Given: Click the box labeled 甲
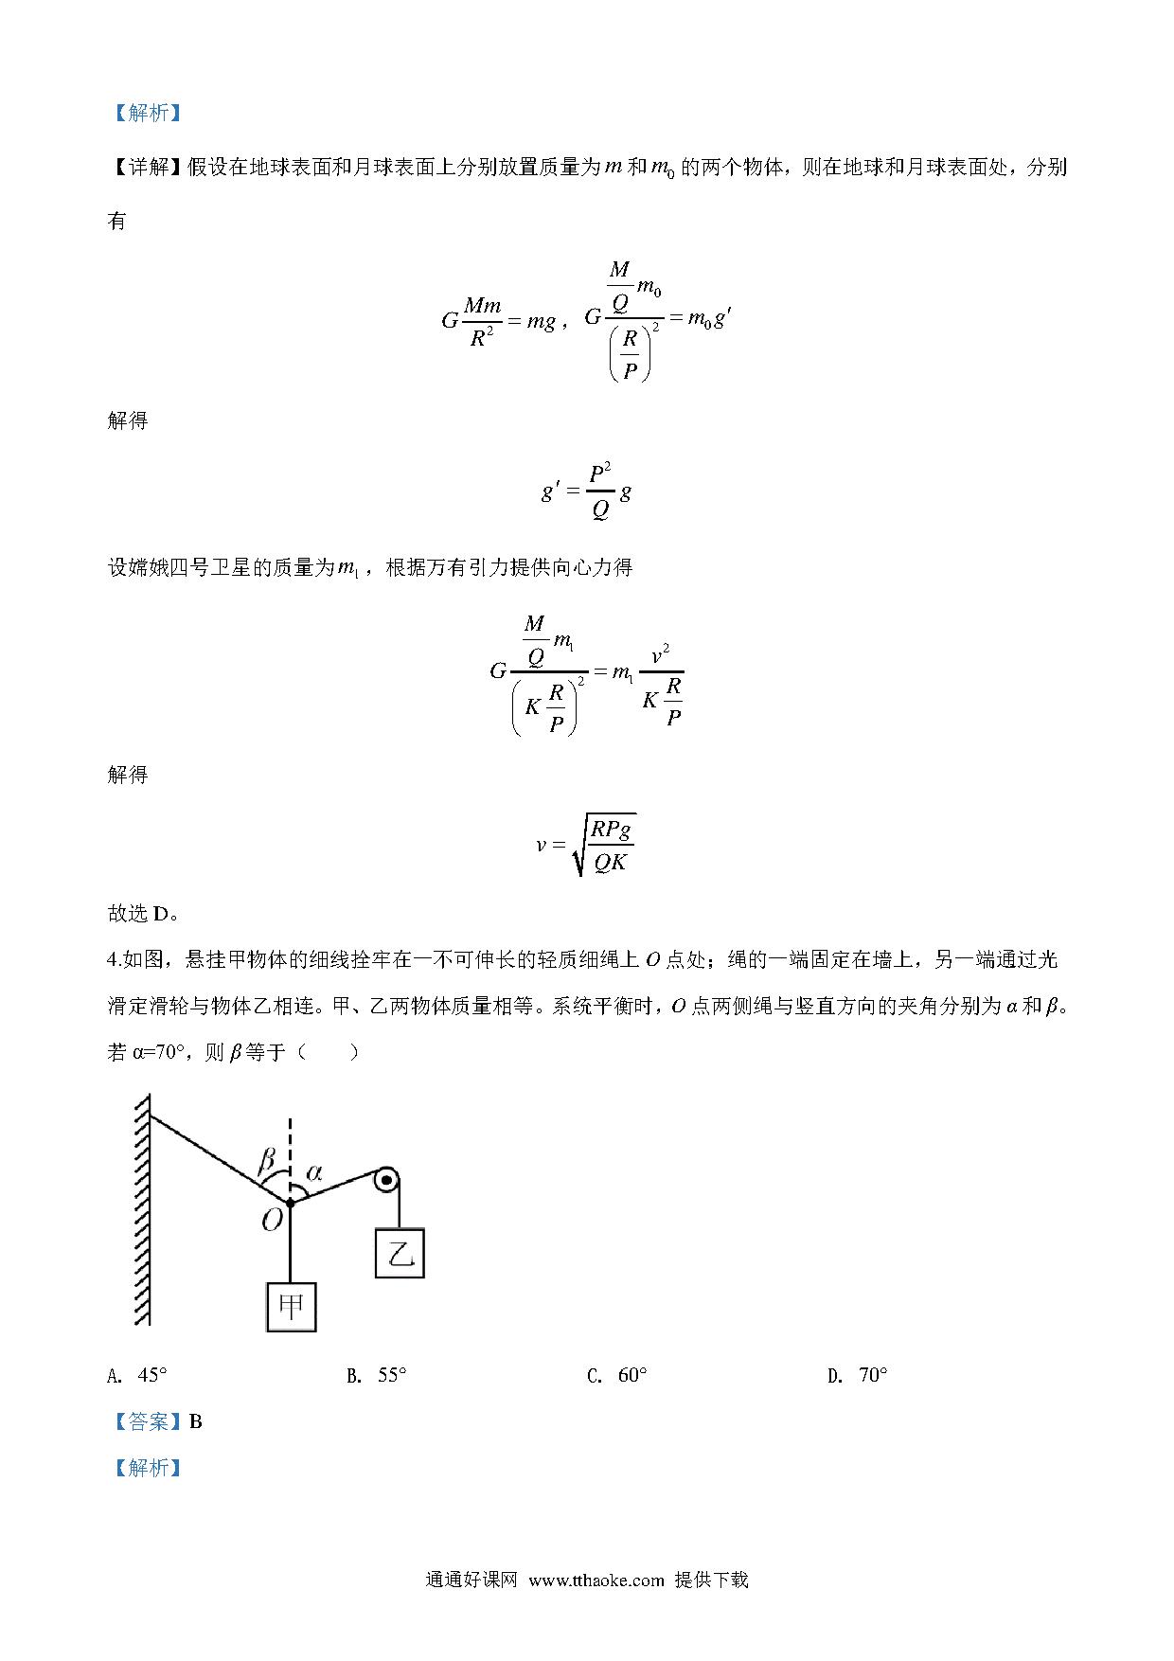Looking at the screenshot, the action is click(x=291, y=1307).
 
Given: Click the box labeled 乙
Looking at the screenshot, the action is click(x=400, y=1253).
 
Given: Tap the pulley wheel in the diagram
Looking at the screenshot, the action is click(x=385, y=1181).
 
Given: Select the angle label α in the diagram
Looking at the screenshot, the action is click(x=314, y=1172).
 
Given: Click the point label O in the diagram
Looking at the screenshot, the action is click(x=273, y=1220).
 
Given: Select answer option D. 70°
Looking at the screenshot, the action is click(x=858, y=1375).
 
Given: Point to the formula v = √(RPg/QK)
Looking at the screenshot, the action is click(x=585, y=844).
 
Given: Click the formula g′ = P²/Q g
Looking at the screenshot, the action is click(x=586, y=491).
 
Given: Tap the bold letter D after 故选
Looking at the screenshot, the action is click(x=160, y=914).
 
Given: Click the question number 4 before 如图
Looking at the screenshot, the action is click(x=113, y=959).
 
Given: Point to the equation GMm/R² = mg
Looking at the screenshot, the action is click(x=499, y=322).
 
